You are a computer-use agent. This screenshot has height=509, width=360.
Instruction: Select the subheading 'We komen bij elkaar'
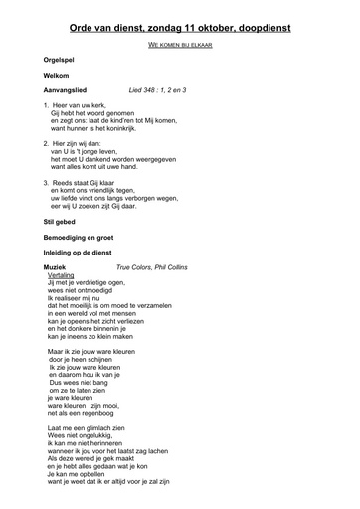(x=180, y=46)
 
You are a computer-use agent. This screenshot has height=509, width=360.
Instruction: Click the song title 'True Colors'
(x=134, y=268)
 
